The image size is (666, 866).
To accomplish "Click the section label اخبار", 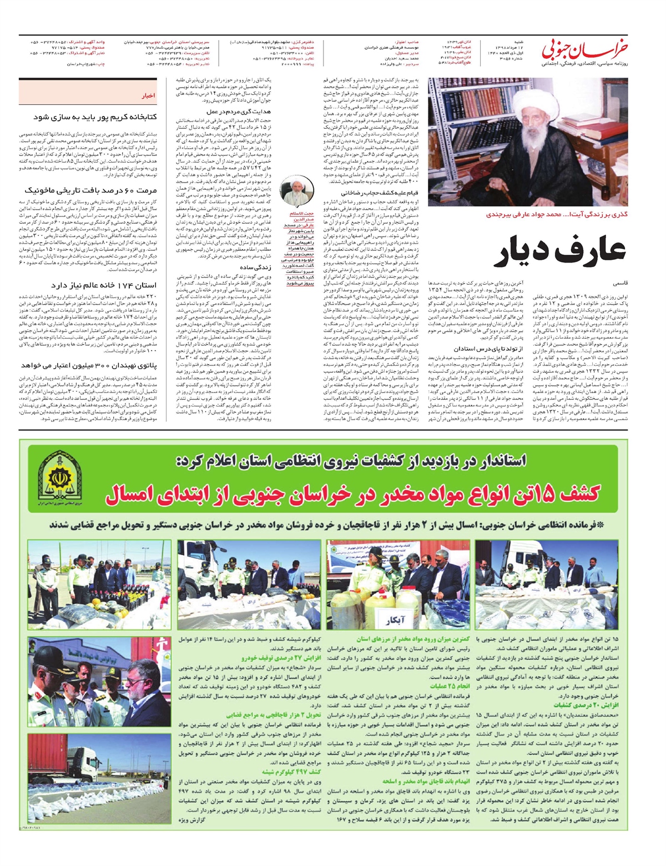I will coord(148,95).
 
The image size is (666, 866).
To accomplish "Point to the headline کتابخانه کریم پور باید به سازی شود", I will coord(95,117).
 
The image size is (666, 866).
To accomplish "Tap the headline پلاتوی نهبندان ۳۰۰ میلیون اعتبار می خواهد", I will coord(89,366).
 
